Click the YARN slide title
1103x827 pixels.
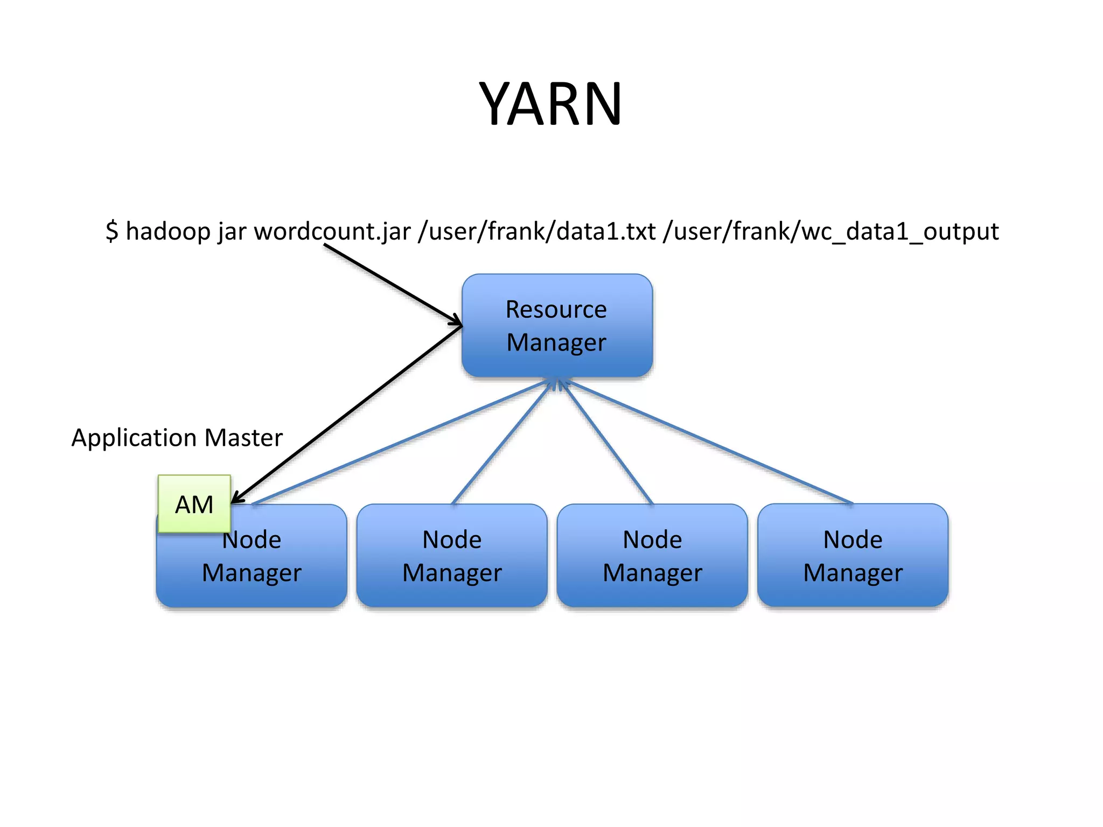click(550, 103)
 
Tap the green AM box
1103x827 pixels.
click(194, 504)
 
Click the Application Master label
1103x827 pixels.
click(177, 437)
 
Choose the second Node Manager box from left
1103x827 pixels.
click(452, 556)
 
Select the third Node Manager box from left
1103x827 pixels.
click(652, 556)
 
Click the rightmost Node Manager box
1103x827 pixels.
click(853, 556)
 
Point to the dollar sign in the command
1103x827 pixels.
click(111, 231)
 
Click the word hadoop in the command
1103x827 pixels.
click(168, 232)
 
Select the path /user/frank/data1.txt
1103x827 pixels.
click(536, 232)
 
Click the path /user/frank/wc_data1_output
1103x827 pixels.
click(831, 232)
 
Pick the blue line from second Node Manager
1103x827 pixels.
click(501, 444)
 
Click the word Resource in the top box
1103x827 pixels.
click(556, 310)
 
